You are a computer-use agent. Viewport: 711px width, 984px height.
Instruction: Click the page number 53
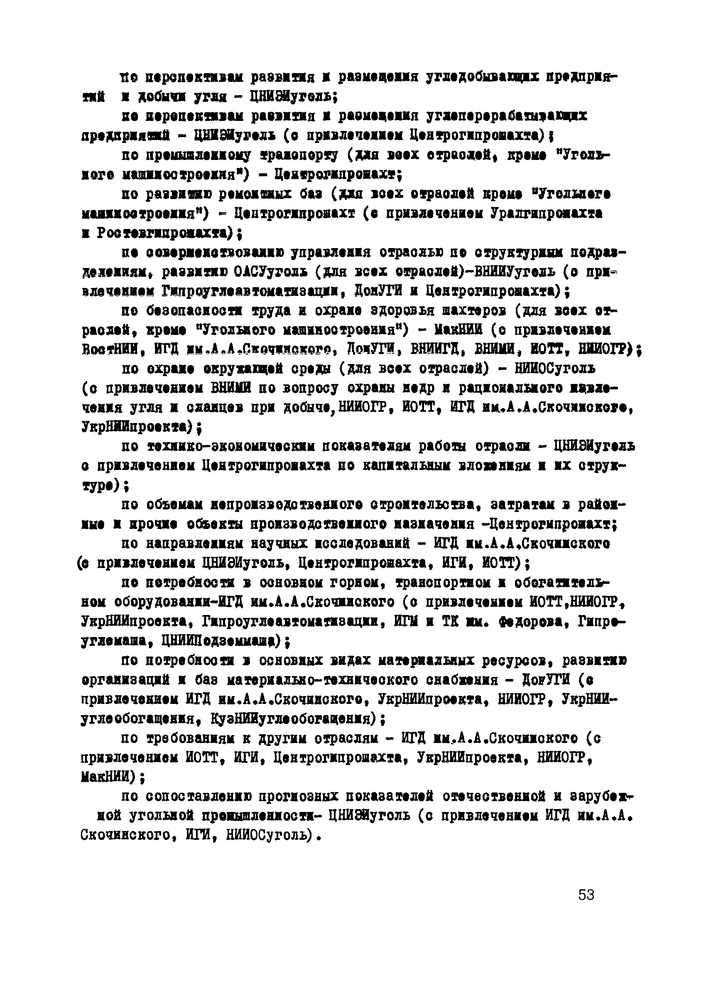pos(586,895)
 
